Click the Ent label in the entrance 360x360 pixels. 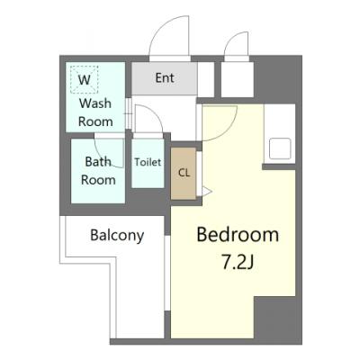coord(165,78)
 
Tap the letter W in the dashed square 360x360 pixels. coord(85,80)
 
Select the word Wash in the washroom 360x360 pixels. coord(95,103)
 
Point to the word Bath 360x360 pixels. coord(98,162)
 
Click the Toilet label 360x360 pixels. coord(148,162)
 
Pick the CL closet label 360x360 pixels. coord(184,173)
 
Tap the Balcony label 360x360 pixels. coord(117,236)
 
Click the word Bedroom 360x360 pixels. coord(238,235)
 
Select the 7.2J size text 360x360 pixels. coord(238,262)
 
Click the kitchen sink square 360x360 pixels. coord(280,148)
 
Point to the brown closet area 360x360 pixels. coord(184,173)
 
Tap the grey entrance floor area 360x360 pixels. coord(165,78)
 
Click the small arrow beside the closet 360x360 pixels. coord(207,191)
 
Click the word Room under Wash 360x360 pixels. coord(95,121)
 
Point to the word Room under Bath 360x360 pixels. coord(98,180)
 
